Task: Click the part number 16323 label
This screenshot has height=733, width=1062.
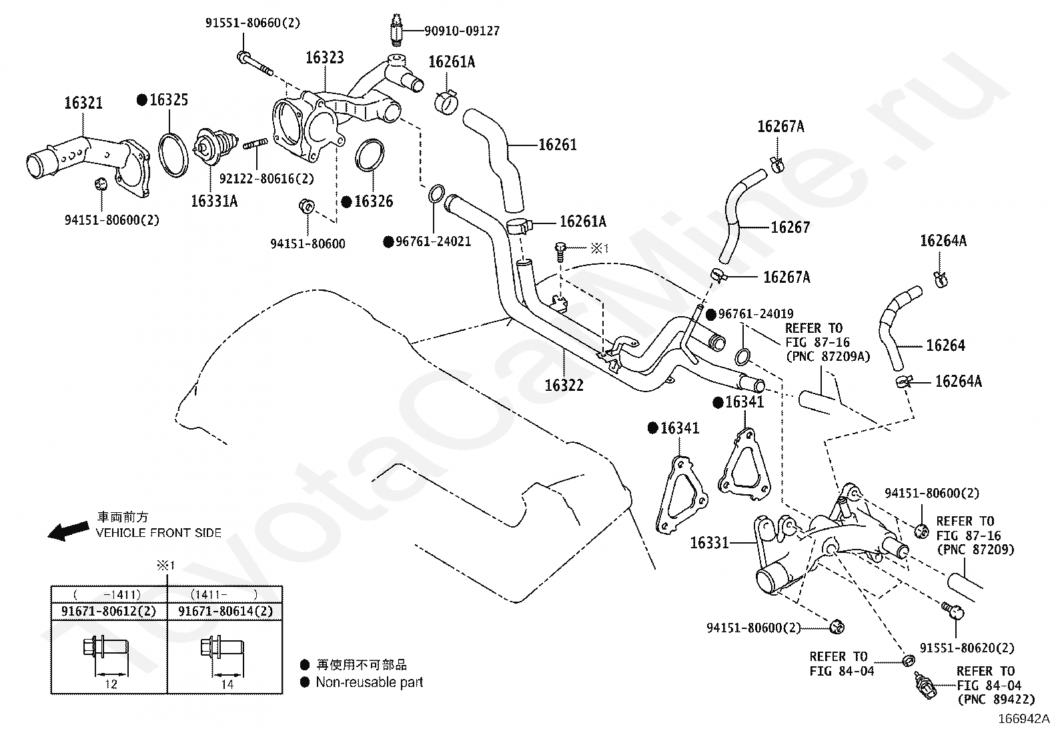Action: (x=325, y=58)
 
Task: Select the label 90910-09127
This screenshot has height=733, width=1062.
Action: (x=462, y=31)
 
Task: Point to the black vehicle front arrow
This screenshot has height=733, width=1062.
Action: (x=69, y=530)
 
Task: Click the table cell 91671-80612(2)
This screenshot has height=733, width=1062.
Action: (x=109, y=611)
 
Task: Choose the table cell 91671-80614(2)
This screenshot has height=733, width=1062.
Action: (x=225, y=611)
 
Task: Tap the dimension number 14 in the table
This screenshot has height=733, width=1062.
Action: (x=227, y=684)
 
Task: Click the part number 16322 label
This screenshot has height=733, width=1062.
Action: (x=564, y=385)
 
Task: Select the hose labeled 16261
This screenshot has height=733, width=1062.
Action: (x=496, y=159)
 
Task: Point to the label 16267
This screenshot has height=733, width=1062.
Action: (x=790, y=227)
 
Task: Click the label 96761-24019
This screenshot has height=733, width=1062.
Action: (x=756, y=314)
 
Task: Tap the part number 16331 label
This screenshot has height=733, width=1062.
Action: (x=709, y=543)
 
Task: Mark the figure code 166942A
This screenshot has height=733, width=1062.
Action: (x=1024, y=719)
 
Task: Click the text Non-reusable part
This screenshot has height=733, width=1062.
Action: (x=370, y=682)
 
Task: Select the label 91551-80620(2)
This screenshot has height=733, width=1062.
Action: (x=967, y=648)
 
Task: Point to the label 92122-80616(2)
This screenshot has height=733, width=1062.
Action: (x=266, y=179)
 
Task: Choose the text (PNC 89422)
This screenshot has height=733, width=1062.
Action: (x=996, y=700)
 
